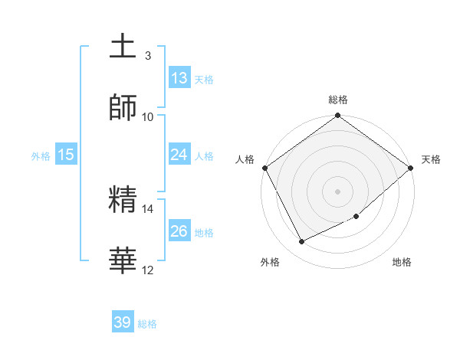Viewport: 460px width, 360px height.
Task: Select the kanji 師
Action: pyautogui.click(x=123, y=107)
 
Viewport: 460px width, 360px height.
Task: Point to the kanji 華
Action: pyautogui.click(x=123, y=260)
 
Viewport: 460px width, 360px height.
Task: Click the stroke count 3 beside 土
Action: pyautogui.click(x=147, y=56)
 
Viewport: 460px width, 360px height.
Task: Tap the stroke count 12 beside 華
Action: pyautogui.click(x=147, y=270)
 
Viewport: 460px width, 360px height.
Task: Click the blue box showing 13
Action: pyautogui.click(x=179, y=77)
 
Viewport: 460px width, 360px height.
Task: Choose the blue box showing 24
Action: pyautogui.click(x=179, y=155)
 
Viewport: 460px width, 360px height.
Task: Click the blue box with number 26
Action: pyautogui.click(x=179, y=231)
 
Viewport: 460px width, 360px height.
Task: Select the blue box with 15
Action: pyautogui.click(x=66, y=155)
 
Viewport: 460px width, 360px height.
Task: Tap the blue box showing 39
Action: pyautogui.click(x=123, y=322)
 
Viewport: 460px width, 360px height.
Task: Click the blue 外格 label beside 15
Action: pyautogui.click(x=41, y=155)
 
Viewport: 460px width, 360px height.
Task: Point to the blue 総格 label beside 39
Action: pyautogui.click(x=147, y=324)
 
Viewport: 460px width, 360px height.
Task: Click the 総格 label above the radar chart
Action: pyautogui.click(x=338, y=100)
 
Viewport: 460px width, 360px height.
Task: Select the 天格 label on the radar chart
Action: pyautogui.click(x=431, y=159)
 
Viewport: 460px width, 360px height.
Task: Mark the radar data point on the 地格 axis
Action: pyautogui.click(x=356, y=217)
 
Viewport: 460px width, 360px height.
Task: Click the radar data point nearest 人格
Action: pyautogui.click(x=264, y=168)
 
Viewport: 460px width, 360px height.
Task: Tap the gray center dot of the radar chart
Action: pyautogui.click(x=337, y=191)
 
